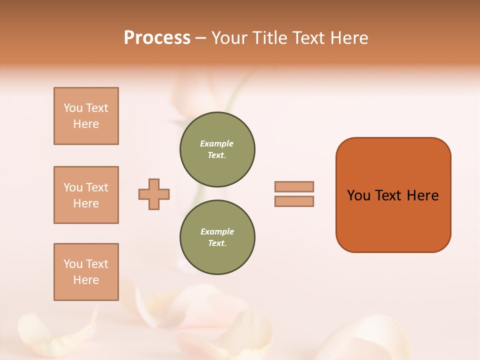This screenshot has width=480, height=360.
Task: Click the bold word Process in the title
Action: (157, 37)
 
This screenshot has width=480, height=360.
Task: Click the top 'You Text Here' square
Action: (86, 116)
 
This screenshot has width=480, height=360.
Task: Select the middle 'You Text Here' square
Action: (86, 195)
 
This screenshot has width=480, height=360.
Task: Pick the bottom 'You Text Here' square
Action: (86, 272)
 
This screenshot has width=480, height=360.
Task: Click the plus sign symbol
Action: (154, 194)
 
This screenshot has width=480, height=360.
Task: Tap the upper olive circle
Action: (217, 149)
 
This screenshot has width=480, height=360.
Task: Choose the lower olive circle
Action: (217, 237)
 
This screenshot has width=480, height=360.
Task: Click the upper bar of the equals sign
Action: (294, 186)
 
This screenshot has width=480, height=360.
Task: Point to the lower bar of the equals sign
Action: (294, 201)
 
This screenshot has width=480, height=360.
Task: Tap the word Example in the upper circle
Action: (217, 143)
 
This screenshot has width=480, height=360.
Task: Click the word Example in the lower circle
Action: (217, 231)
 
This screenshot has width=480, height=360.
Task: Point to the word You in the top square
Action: (73, 108)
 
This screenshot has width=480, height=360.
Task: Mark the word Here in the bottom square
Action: (86, 280)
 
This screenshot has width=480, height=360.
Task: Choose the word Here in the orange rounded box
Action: (422, 195)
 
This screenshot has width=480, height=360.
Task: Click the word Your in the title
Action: (229, 38)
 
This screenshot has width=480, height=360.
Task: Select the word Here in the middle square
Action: (86, 203)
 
